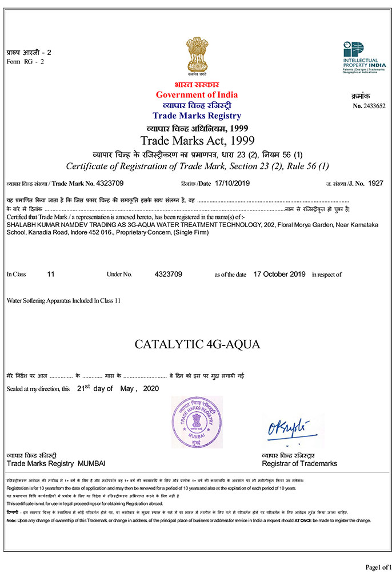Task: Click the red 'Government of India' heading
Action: (197, 95)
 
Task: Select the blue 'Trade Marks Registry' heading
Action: (197, 116)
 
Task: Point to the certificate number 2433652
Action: (374, 106)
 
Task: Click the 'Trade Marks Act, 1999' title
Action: (197, 140)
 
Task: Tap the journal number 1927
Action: (375, 183)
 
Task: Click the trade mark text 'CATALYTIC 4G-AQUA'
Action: (197, 344)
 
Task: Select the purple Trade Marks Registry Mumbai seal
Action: (197, 422)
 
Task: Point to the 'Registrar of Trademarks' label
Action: (299, 463)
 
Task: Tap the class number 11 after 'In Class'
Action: (51, 275)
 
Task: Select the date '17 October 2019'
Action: (279, 275)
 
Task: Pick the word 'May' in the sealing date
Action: (126, 388)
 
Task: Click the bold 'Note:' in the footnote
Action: (11, 521)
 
